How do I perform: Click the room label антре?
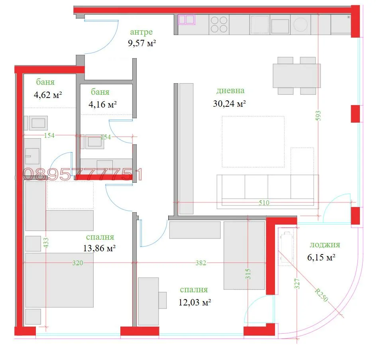pyautogui.click(x=141, y=32)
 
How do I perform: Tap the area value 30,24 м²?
pyautogui.click(x=230, y=104)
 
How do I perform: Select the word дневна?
pyautogui.click(x=230, y=90)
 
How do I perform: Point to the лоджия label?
pyautogui.click(x=325, y=245)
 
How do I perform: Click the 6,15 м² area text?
pyautogui.click(x=321, y=257)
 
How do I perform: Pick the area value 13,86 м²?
pyautogui.click(x=99, y=248)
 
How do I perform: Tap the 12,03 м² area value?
pyautogui.click(x=194, y=303)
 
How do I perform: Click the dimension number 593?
pyautogui.click(x=318, y=116)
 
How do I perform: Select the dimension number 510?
pyautogui.click(x=264, y=203)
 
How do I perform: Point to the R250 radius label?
pyautogui.click(x=321, y=295)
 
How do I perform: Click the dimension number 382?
pyautogui.click(x=201, y=263)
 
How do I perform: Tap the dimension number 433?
pyautogui.click(x=46, y=243)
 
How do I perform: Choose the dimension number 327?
pyautogui.click(x=297, y=284)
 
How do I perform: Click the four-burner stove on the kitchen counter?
pyautogui.click(x=219, y=25)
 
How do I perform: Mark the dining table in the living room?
pyautogui.click(x=297, y=76)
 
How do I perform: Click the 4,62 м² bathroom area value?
pyautogui.click(x=48, y=95)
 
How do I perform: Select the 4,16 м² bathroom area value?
pyautogui.click(x=102, y=105)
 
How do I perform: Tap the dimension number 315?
pyautogui.click(x=248, y=274)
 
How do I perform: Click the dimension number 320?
pyautogui.click(x=78, y=263)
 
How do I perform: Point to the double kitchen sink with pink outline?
pyautogui.click(x=187, y=20)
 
